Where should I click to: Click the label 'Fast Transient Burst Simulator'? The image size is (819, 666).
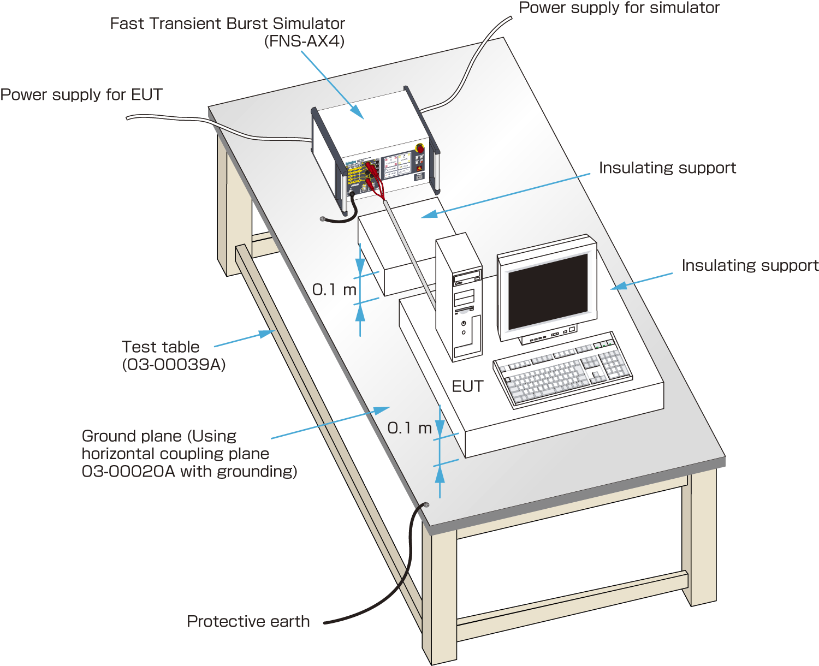pyautogui.click(x=227, y=23)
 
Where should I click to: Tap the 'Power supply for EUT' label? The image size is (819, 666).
pyautogui.click(x=81, y=94)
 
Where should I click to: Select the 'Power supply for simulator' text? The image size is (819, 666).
pyautogui.click(x=619, y=8)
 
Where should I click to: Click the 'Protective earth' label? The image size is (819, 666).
pyautogui.click(x=248, y=621)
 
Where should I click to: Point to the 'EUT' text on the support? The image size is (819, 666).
pyautogui.click(x=467, y=386)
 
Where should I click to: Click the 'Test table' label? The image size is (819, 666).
pyautogui.click(x=161, y=347)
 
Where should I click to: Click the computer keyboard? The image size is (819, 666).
pyautogui.click(x=562, y=369)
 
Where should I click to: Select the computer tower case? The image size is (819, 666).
pyautogui.click(x=459, y=298)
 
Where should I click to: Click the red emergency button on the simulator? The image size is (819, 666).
pyautogui.click(x=420, y=148)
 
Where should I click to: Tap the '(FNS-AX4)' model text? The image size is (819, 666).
pyautogui.click(x=304, y=41)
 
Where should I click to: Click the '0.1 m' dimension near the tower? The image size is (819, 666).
pyautogui.click(x=334, y=289)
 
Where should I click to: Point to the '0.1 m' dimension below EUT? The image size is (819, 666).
pyautogui.click(x=410, y=428)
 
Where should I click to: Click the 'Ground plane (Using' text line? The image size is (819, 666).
pyautogui.click(x=159, y=436)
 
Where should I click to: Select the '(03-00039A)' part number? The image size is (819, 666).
pyautogui.click(x=174, y=364)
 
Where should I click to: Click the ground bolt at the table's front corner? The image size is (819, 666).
pyautogui.click(x=426, y=505)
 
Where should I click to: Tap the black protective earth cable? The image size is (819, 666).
pyautogui.click(x=407, y=568)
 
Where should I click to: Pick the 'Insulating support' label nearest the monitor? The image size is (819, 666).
pyautogui.click(x=750, y=265)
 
